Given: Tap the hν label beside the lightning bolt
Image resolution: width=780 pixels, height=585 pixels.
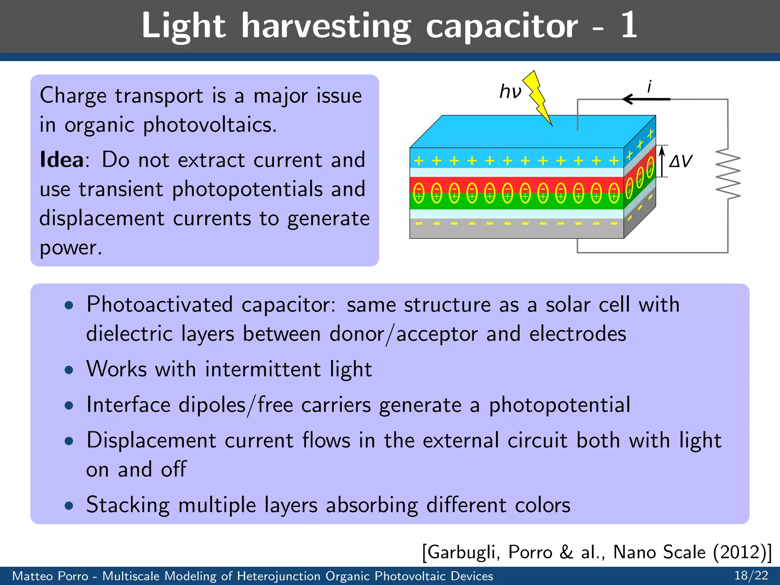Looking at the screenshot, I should [510, 92].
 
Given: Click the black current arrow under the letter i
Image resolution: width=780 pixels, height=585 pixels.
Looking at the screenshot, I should [646, 99].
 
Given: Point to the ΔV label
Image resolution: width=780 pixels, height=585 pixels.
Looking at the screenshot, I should [681, 161].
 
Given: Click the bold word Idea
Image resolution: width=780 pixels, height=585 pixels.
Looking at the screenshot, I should [61, 160].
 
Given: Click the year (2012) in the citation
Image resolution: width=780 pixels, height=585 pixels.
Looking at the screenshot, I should [739, 552].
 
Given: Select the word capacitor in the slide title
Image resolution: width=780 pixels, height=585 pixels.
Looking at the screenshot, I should [502, 26].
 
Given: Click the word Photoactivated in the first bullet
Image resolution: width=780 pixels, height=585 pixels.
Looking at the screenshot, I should [159, 305].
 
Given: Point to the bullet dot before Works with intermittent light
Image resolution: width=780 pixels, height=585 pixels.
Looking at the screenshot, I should [69, 370].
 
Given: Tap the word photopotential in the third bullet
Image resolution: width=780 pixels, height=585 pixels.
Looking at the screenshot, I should [559, 405].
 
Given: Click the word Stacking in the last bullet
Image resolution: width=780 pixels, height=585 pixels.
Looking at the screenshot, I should [128, 505].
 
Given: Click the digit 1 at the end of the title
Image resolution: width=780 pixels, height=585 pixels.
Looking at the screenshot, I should [629, 26].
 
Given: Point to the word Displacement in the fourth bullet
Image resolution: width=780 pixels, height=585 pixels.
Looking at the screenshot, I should [152, 441].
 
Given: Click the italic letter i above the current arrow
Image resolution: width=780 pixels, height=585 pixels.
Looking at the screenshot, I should [649, 86].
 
